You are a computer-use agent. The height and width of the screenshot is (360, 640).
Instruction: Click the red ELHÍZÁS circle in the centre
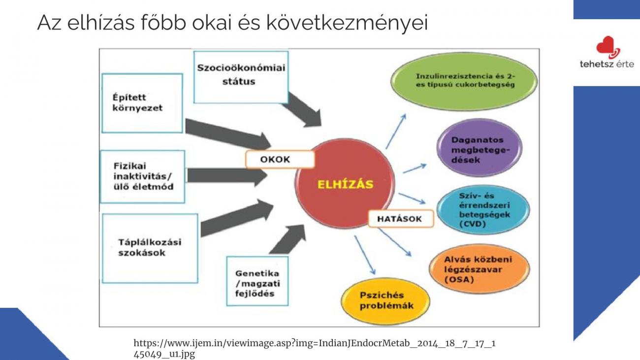click(345, 184)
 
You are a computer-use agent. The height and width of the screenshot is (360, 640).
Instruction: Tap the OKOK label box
click(280, 160)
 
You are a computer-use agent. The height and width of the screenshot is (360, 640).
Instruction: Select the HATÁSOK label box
click(401, 219)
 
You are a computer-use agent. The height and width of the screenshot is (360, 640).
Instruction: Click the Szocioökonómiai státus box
click(241, 77)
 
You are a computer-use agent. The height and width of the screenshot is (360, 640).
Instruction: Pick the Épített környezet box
click(142, 103)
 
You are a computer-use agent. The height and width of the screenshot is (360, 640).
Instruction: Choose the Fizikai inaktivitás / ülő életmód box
click(143, 177)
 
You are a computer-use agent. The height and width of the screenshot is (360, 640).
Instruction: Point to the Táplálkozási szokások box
click(150, 248)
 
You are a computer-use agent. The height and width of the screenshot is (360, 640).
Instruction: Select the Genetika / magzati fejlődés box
click(257, 281)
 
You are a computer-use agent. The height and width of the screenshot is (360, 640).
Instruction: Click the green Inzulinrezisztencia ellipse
click(464, 81)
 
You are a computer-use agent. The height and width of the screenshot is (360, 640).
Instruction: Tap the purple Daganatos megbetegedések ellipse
click(480, 148)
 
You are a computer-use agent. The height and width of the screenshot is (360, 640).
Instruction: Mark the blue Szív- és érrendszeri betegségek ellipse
click(483, 210)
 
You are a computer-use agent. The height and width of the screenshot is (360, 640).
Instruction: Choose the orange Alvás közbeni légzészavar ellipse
click(479, 269)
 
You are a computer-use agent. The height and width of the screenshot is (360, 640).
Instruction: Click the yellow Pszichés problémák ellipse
click(385, 301)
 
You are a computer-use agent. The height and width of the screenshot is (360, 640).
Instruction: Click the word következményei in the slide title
click(347, 22)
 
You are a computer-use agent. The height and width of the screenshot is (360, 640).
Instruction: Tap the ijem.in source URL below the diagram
click(314, 348)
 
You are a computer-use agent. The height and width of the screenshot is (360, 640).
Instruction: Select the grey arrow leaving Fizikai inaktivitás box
click(227, 176)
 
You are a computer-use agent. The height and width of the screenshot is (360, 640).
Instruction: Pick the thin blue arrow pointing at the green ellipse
click(396, 131)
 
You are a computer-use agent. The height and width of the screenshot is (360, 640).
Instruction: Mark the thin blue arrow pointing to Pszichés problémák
click(365, 255)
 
